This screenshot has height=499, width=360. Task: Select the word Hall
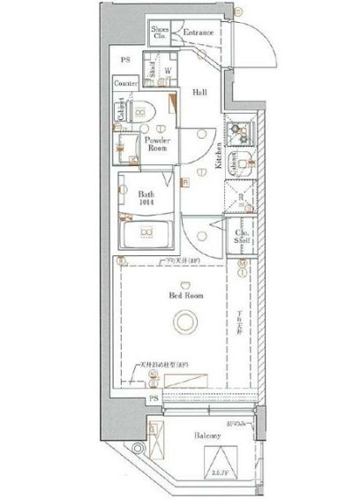tap(201, 91)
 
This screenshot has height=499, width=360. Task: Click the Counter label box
tap(126, 83)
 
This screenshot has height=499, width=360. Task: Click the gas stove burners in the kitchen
tap(240, 132)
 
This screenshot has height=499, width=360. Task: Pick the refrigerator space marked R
tap(241, 198)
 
